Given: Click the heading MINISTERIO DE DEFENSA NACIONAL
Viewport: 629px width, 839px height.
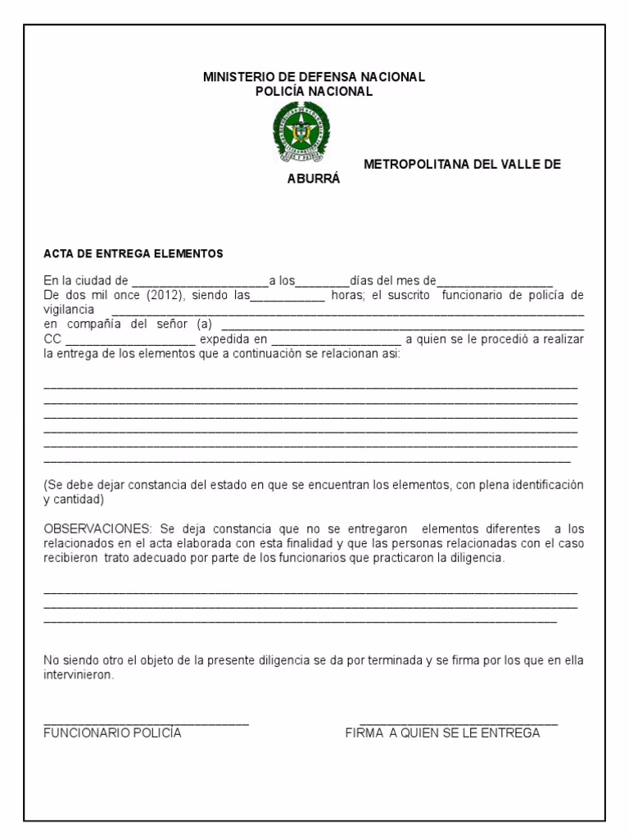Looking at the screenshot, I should click(x=314, y=77).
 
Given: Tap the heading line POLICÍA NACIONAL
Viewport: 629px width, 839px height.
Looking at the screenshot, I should click(x=314, y=91).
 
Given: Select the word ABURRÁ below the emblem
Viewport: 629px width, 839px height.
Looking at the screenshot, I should click(x=313, y=178).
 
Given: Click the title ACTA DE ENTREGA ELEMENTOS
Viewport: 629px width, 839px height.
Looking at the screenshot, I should click(x=133, y=254).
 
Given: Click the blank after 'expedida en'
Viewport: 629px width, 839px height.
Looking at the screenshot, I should click(x=336, y=340).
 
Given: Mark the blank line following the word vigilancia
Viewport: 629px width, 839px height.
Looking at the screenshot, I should click(x=347, y=312).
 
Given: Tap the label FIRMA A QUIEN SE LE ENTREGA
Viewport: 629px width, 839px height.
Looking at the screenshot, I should click(x=442, y=733).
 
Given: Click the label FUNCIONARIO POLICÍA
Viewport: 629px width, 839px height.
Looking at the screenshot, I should click(x=112, y=733).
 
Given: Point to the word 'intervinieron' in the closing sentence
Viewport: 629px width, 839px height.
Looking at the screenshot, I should click(x=78, y=677).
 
